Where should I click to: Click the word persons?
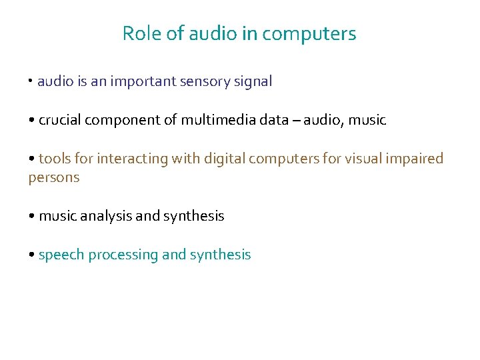tap(54, 177)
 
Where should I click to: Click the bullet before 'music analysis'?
tap(31, 217)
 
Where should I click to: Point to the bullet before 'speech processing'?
tap(31, 255)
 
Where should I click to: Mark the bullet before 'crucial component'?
tap(31, 121)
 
